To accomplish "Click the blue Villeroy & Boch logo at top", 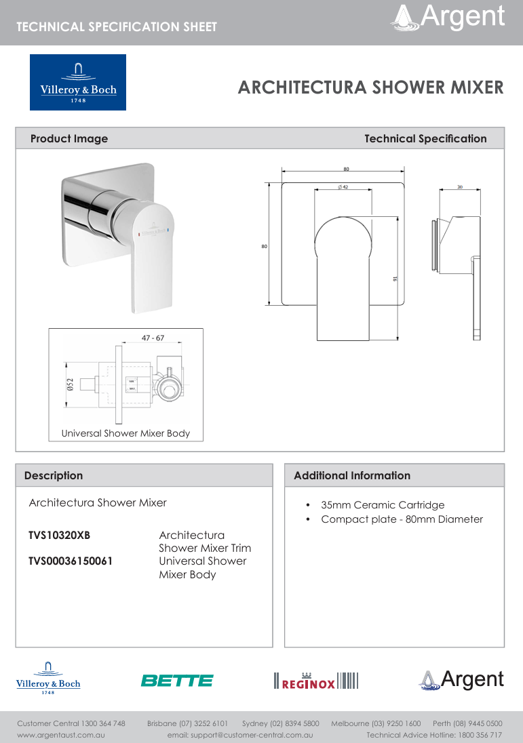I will (x=78, y=82).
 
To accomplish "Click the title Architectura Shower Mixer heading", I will (x=370, y=87).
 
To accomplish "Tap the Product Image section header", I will (x=69, y=138).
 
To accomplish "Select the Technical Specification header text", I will (x=425, y=138).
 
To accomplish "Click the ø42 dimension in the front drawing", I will (x=343, y=187).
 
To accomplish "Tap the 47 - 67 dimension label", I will (x=153, y=338).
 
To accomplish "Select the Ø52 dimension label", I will (x=70, y=385).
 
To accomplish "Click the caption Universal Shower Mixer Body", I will (x=125, y=433).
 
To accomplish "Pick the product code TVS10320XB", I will (x=59, y=536).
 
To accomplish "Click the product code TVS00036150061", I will (x=71, y=561).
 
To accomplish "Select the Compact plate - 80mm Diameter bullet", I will (x=402, y=519).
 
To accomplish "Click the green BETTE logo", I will (x=176, y=680).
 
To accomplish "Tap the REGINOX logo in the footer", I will (x=315, y=681).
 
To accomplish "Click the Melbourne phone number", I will (x=376, y=723).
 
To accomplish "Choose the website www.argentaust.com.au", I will (x=60, y=735).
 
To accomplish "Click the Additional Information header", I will (x=352, y=475).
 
